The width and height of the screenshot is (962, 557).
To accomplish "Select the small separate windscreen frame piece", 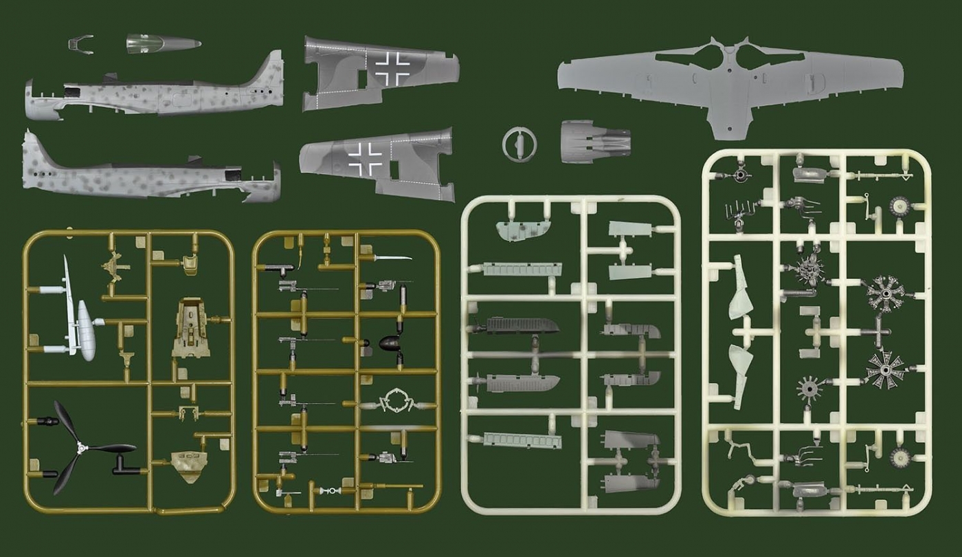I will pos(80,44).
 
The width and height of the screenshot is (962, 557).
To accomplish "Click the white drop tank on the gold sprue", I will pos(87,330).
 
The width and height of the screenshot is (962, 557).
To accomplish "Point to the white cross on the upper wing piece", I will pos(392,68).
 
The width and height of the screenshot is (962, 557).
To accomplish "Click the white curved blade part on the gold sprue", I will pos(392,258).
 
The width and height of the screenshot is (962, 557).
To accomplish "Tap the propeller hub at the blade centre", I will pos(82,448).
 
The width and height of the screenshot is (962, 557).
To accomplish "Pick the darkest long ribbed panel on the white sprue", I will pos(522,325).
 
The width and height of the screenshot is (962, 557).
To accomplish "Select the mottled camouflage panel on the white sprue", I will pos(523,231).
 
